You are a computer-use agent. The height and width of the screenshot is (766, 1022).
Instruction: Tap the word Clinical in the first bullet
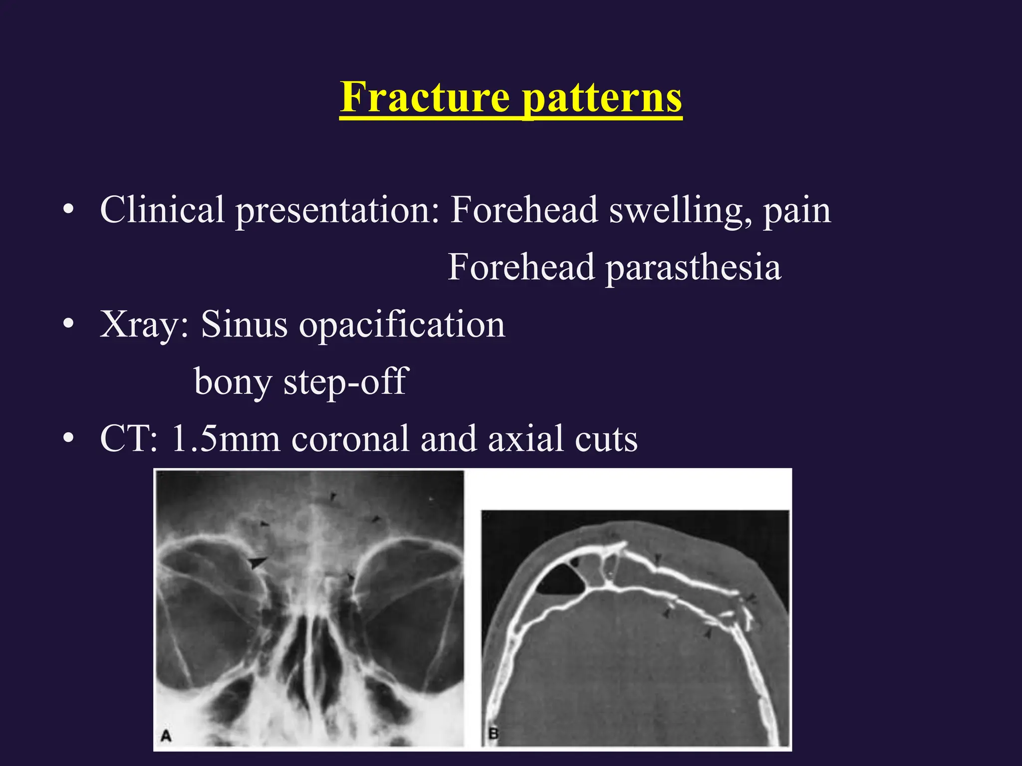click(162, 209)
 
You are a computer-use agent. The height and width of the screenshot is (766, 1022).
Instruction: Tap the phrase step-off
click(345, 381)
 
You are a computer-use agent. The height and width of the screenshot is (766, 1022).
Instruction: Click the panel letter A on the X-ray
click(166, 735)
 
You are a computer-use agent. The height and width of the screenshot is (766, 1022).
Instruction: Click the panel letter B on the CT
click(494, 734)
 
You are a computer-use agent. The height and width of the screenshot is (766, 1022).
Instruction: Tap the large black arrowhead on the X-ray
click(257, 563)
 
